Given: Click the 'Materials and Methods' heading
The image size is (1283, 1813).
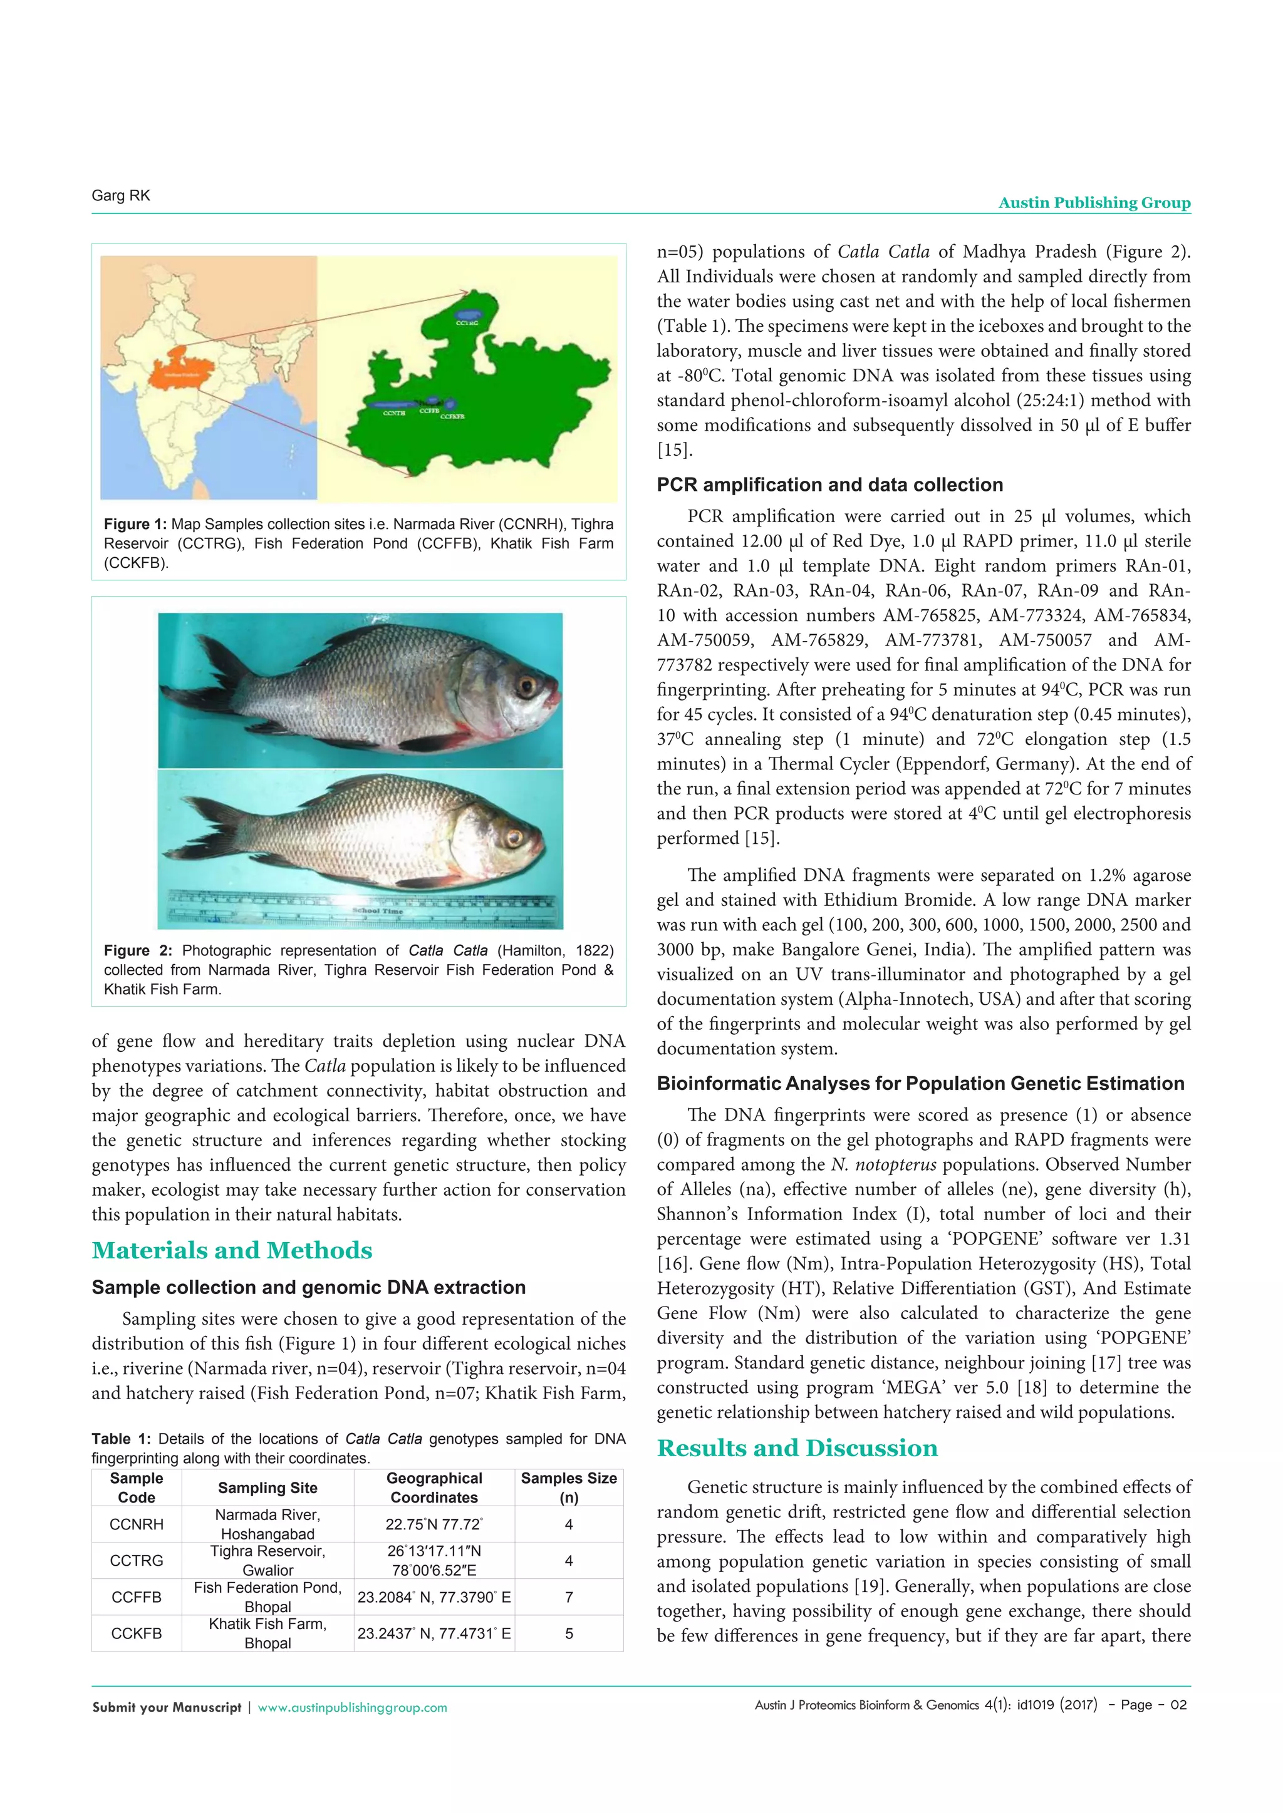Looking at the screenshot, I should pos(231,1250).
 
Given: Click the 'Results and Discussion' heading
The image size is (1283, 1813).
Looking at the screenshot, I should pos(797,1447).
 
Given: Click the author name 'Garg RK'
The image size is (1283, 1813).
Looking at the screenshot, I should pos(121,196).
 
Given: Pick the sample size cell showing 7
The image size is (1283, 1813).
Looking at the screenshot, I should pos(568,1596).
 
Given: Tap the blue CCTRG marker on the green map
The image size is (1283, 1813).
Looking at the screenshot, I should pos(469,314).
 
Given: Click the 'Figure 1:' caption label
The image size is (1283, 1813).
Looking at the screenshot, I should pos(135,525).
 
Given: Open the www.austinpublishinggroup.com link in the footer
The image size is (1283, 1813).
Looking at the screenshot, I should pos(352,1707).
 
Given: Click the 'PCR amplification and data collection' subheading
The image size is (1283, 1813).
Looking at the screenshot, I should pos(829,485).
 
